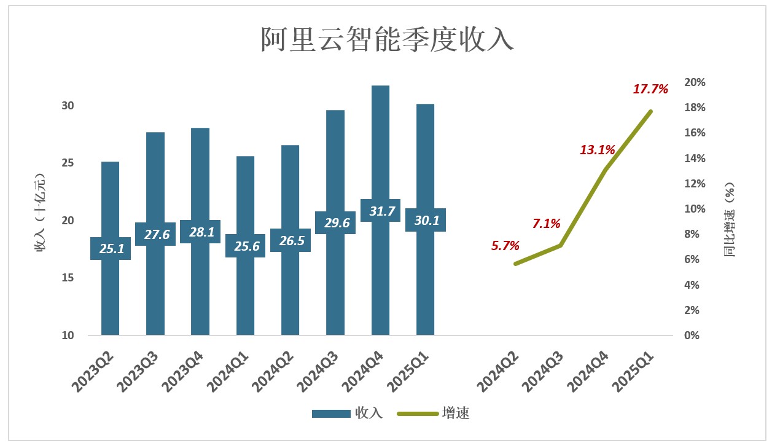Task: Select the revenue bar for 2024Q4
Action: (x=380, y=147)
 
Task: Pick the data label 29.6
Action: (x=335, y=222)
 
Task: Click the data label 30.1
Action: (x=426, y=220)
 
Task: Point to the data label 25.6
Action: (x=246, y=246)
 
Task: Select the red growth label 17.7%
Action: (x=650, y=89)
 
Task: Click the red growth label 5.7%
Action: (x=505, y=246)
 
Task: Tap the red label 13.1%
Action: (x=598, y=149)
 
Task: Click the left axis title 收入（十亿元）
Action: (x=41, y=212)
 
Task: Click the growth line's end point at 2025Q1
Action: (x=650, y=111)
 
